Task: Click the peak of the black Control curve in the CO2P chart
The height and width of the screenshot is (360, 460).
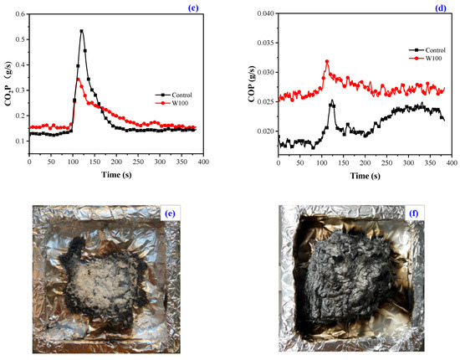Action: [81, 31]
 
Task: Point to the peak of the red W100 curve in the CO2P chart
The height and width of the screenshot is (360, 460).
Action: [79, 80]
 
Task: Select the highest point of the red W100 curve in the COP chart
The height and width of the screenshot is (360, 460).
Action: [327, 61]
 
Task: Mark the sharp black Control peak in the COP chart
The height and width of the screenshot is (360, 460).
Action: [332, 101]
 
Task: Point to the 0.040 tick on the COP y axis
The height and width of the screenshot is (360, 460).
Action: [264, 13]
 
